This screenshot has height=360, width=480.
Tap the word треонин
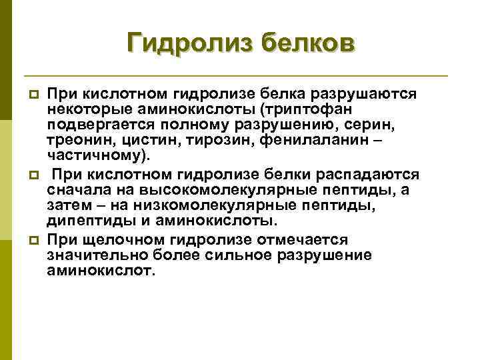click(75, 141)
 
